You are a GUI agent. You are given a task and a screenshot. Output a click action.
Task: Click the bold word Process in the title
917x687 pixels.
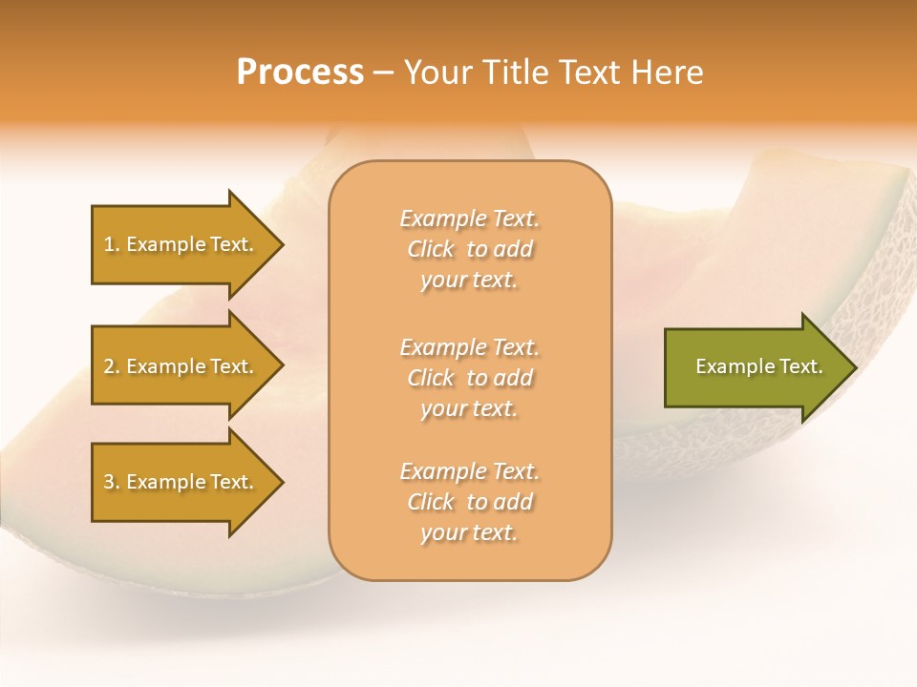300,73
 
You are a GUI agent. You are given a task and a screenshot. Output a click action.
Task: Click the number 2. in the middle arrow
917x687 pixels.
112,366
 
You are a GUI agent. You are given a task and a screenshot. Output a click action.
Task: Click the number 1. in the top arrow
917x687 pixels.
112,244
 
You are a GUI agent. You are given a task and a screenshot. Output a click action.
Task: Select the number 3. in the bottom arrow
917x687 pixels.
112,482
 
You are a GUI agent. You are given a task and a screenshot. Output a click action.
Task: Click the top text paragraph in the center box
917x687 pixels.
469,249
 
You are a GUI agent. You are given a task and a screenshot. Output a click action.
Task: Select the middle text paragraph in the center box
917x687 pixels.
469,378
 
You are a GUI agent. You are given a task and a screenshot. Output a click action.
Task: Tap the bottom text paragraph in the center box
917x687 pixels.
469,502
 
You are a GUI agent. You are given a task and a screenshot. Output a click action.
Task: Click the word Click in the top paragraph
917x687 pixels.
431,249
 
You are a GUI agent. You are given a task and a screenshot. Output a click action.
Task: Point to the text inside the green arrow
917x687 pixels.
758,366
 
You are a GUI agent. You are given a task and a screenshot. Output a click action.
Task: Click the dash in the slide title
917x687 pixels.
384,73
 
